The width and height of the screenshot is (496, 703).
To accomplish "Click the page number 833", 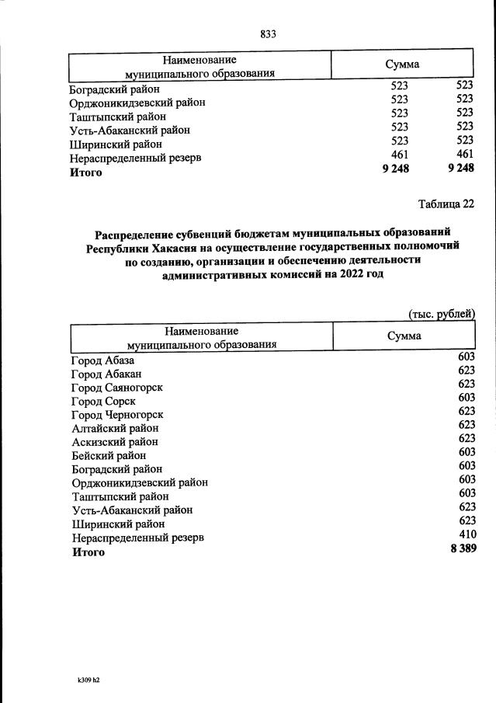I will click(x=268, y=33).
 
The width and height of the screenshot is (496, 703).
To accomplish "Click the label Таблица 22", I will click(x=445, y=205).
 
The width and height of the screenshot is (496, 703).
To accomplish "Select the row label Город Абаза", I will click(x=102, y=360).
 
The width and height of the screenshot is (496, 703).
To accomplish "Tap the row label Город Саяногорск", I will click(x=116, y=388).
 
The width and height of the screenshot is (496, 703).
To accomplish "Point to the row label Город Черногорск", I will click(x=116, y=415).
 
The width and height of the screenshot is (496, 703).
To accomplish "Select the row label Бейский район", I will click(x=109, y=455).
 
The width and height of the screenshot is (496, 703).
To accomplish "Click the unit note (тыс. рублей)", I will click(x=442, y=313).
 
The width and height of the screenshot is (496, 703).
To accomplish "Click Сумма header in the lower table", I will click(x=404, y=336).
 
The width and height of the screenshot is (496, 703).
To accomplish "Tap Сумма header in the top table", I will click(x=402, y=64).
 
